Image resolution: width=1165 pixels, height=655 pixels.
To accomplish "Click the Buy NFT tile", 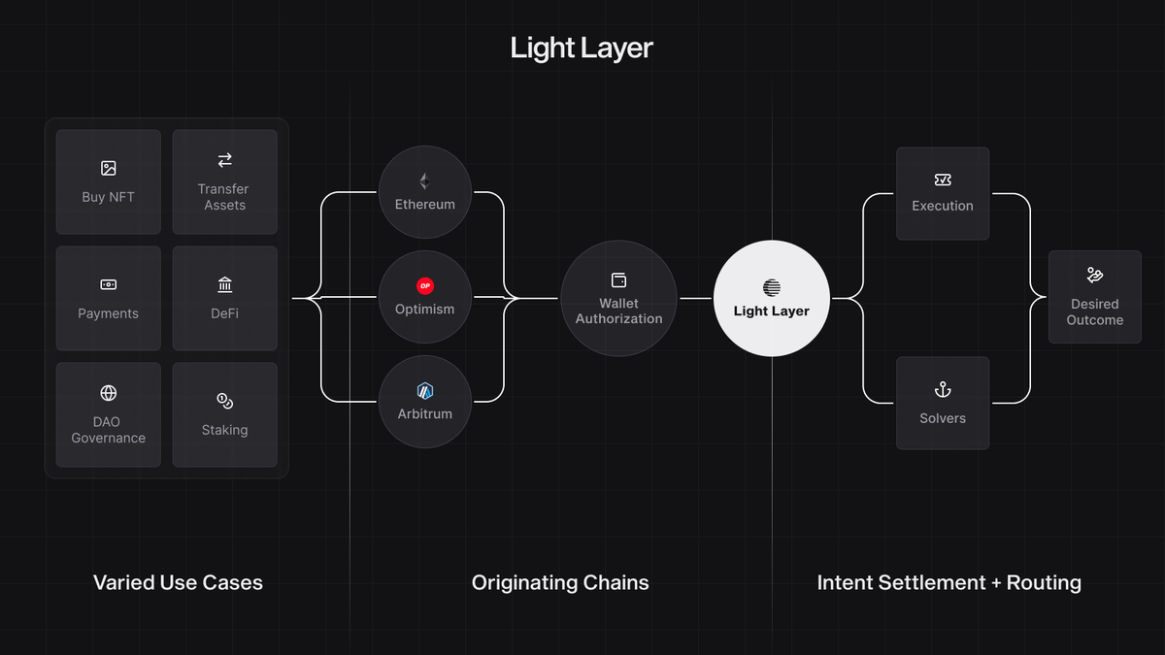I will [109, 182].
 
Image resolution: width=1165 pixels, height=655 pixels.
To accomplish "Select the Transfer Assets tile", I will [225, 182].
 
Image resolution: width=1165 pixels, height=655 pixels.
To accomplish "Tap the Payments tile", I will [109, 299].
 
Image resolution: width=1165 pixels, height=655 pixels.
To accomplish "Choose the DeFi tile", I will [225, 299].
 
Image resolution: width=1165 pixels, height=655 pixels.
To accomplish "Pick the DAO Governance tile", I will [109, 415].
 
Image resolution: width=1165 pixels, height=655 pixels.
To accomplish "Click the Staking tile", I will [225, 415].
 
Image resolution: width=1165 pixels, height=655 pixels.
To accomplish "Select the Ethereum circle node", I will [424, 192].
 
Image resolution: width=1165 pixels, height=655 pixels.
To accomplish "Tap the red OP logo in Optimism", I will [424, 286].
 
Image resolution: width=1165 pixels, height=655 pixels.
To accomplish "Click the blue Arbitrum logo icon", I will [424, 391].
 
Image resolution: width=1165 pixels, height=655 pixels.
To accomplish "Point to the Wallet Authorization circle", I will [618, 298].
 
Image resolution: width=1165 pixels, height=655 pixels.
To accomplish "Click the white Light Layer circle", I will [772, 298].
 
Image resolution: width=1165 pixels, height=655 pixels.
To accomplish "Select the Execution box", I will [943, 193].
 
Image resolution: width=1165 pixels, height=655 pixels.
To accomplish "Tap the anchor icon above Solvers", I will [943, 390].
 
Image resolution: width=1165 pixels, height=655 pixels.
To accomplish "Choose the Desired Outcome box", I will [1095, 297].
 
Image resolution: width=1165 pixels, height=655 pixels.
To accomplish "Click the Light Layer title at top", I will [582, 49].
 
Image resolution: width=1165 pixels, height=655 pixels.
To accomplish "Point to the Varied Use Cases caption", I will [178, 583].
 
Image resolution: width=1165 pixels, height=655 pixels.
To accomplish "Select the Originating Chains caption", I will [560, 583].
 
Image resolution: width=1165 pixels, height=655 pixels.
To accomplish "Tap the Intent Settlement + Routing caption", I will [949, 583].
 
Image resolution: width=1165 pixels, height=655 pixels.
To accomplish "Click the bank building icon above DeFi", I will [225, 285].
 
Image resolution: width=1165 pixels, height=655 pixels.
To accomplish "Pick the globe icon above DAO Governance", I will [109, 393].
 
